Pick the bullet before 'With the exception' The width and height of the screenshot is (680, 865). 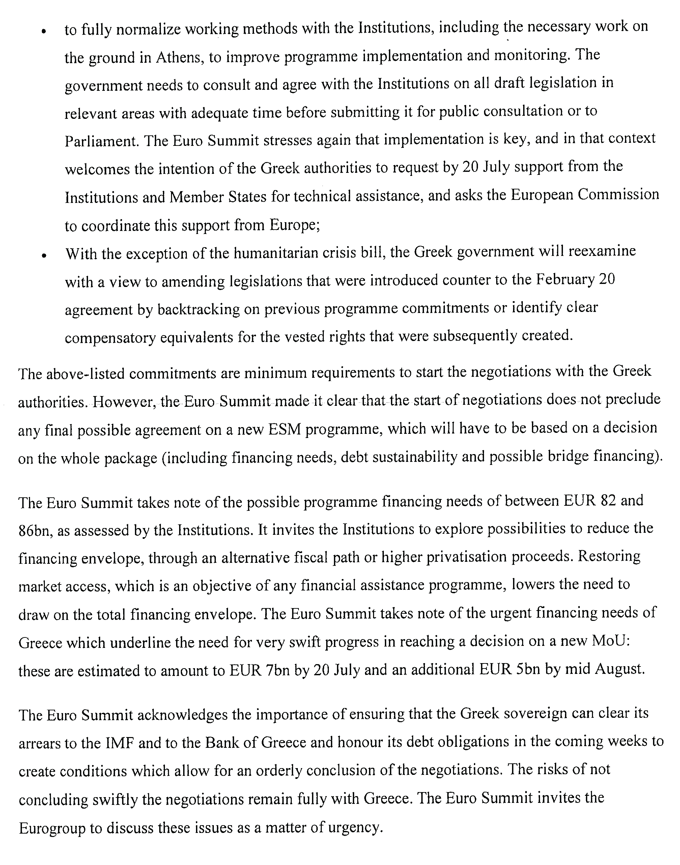(44, 255)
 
